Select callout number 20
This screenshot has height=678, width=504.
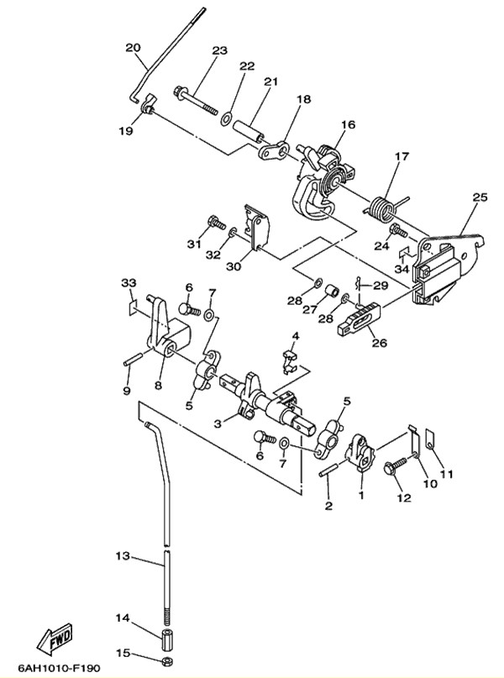pos(133,47)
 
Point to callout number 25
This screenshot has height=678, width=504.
pos(480,197)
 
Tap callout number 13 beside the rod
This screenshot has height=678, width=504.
pos(123,557)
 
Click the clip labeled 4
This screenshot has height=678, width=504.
pos(290,359)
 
